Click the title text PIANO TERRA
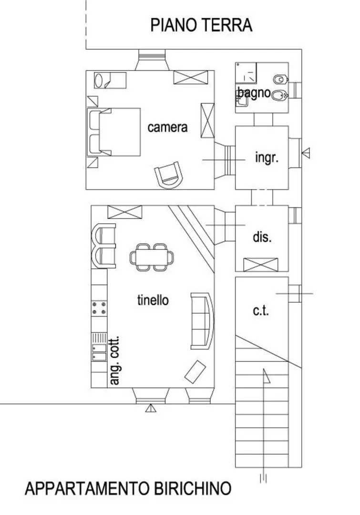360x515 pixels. point(201,25)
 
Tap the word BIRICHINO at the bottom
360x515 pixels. point(193,488)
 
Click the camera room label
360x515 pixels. point(167,127)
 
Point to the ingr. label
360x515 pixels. point(267,158)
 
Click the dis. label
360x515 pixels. point(262,237)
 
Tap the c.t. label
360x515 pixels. point(261,310)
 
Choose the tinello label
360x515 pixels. point(153,300)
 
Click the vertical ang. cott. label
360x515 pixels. point(114,360)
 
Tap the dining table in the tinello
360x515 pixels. point(152,257)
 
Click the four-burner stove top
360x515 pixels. point(99,308)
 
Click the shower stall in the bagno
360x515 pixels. point(246,72)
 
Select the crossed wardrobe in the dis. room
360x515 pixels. point(261,265)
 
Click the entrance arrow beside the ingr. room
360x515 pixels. point(306,153)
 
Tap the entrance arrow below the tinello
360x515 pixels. point(151,408)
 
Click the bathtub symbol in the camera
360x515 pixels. point(110,80)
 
